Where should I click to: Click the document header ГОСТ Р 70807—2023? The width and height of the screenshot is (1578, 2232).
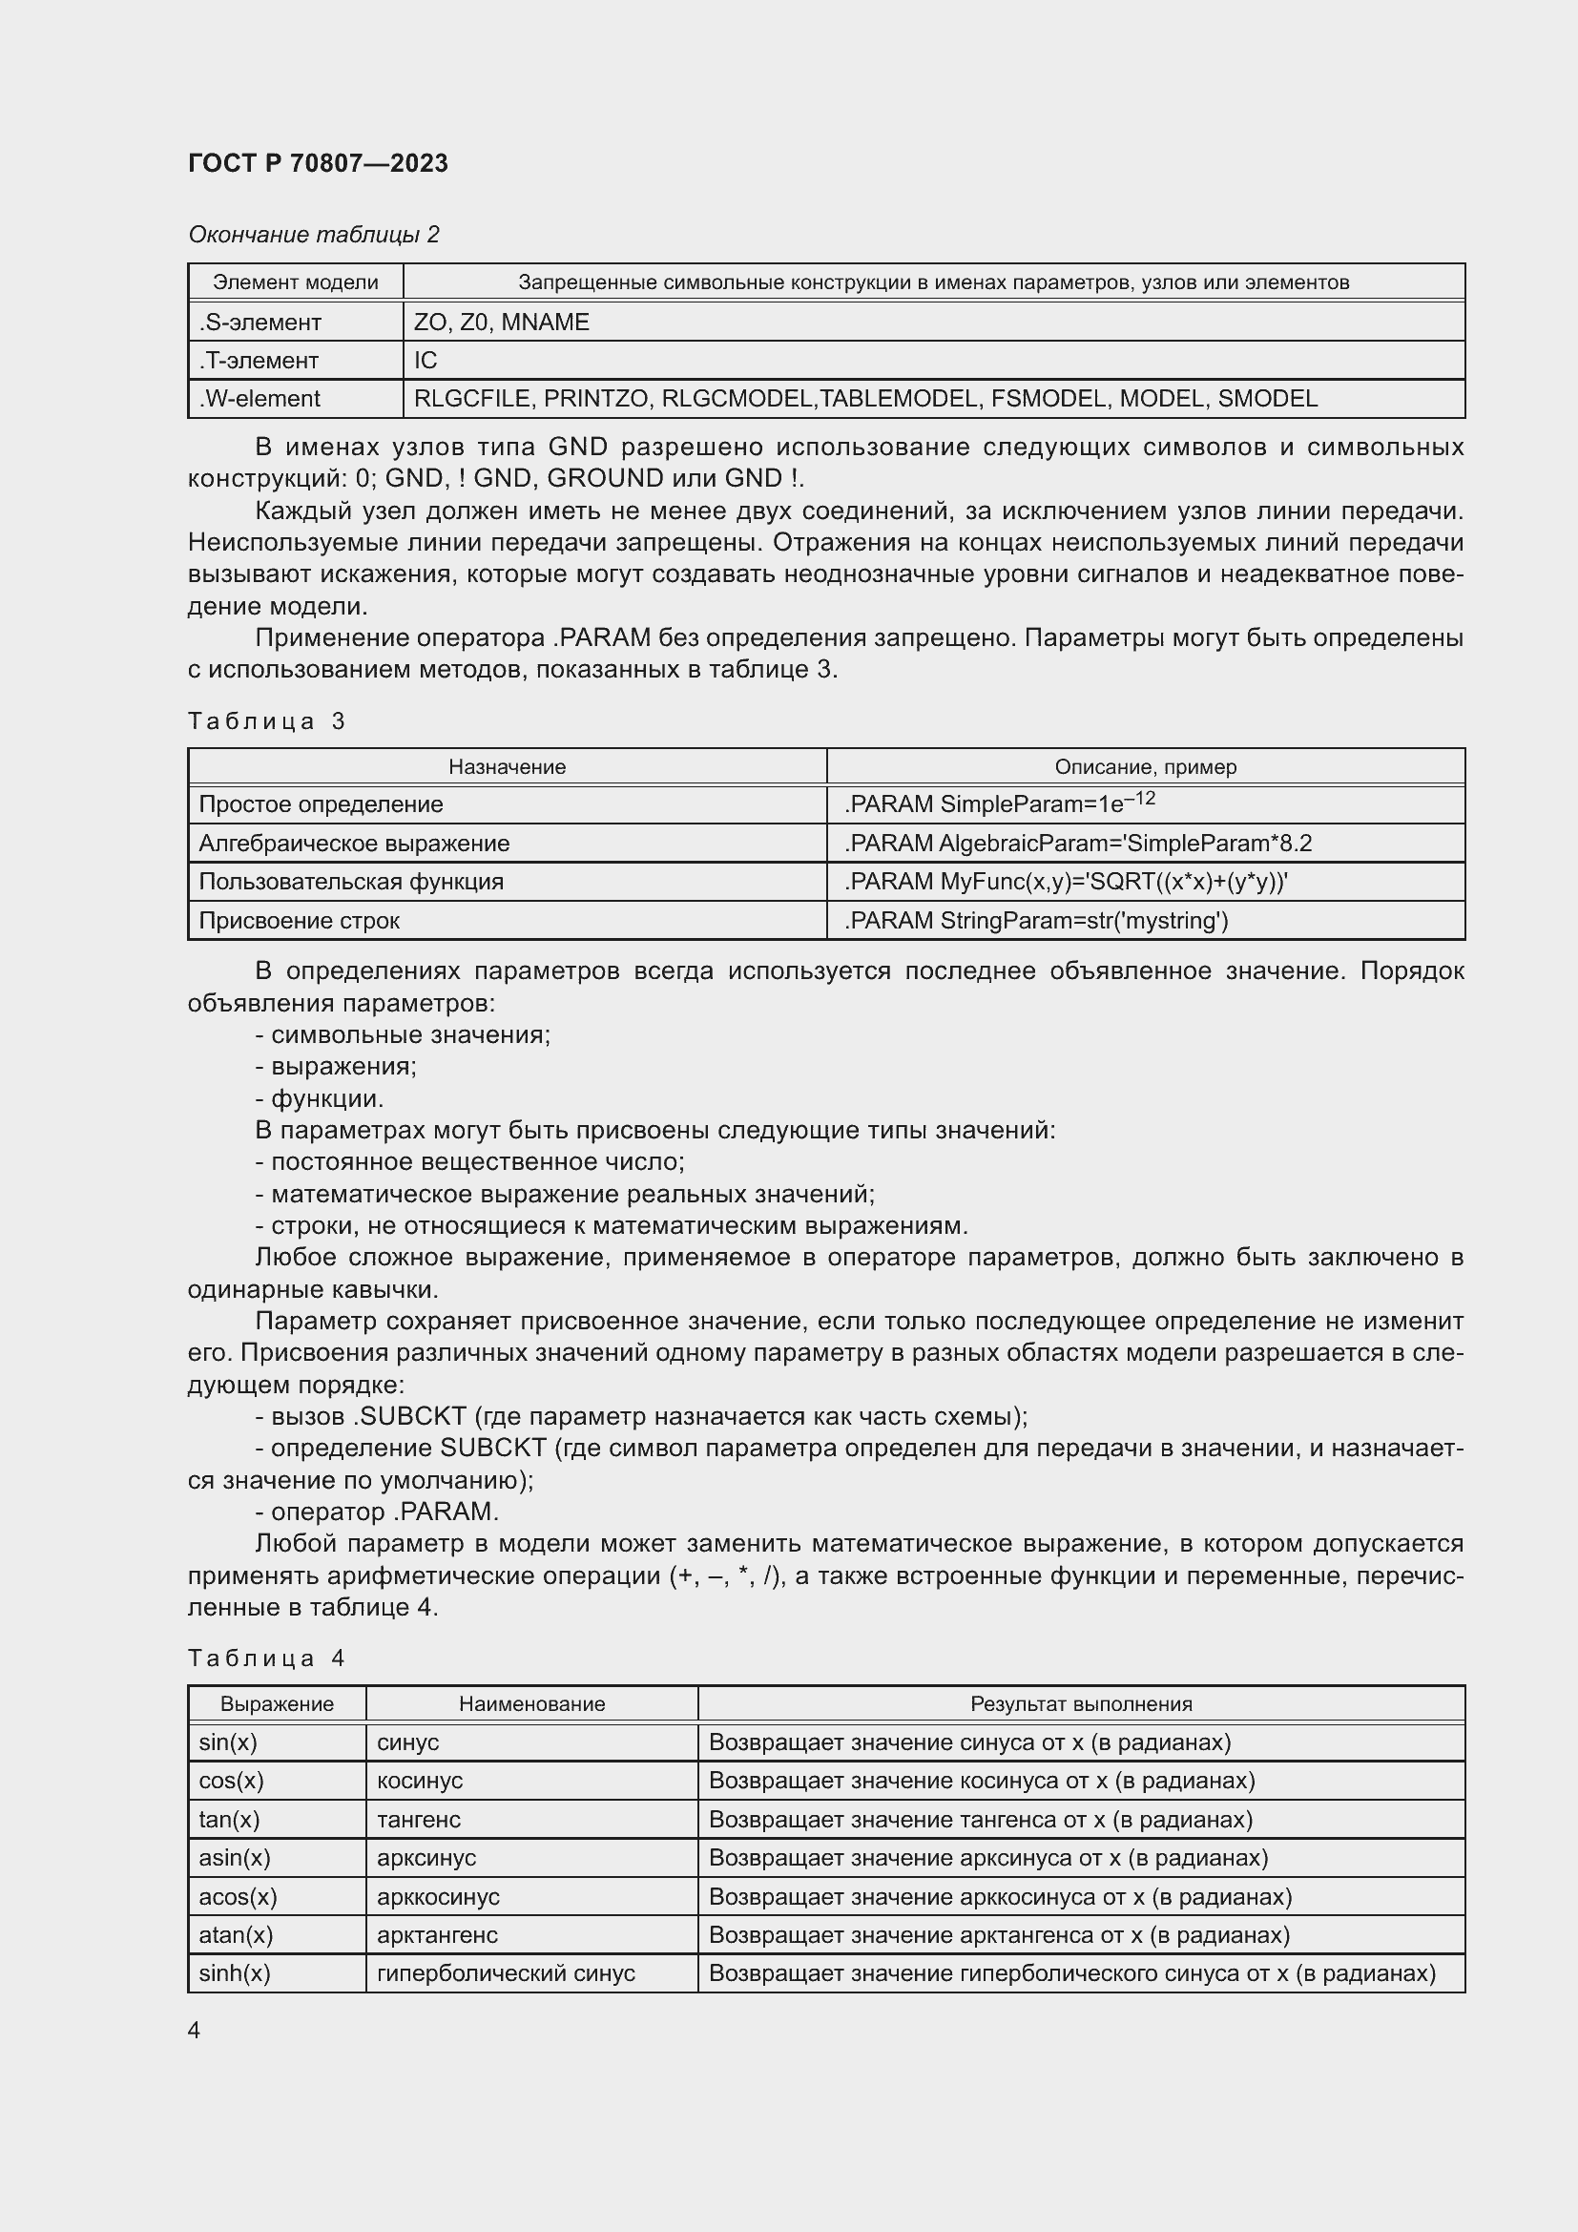(x=318, y=163)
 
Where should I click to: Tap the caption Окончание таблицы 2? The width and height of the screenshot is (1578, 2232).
(x=313, y=235)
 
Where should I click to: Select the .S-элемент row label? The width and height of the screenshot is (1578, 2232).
(x=260, y=322)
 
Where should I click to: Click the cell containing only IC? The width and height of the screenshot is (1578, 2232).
(x=426, y=361)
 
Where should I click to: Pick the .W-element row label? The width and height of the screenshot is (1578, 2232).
(x=260, y=399)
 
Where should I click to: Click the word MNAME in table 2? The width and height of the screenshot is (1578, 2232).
(x=545, y=322)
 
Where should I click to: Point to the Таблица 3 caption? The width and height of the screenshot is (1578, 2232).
(x=266, y=720)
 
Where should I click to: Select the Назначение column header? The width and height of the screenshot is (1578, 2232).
(x=507, y=766)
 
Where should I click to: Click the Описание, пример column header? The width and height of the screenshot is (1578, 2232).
(x=1145, y=766)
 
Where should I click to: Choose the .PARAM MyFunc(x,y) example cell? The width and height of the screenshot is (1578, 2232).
(x=1065, y=882)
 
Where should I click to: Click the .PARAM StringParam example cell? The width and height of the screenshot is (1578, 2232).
(x=1036, y=920)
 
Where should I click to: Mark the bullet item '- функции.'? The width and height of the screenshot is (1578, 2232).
(x=320, y=1098)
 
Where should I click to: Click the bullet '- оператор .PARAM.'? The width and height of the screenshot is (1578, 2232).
(x=377, y=1512)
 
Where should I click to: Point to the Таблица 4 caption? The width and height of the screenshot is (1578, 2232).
(x=266, y=1658)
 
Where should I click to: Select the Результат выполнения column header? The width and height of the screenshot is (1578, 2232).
(x=1081, y=1703)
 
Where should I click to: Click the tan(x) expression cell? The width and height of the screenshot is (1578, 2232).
(x=229, y=1819)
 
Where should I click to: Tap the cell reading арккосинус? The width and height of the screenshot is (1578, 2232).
(x=438, y=1896)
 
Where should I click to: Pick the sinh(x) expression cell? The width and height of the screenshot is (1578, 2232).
(x=234, y=1972)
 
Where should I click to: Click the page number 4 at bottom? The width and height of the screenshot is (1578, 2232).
(x=195, y=2030)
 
